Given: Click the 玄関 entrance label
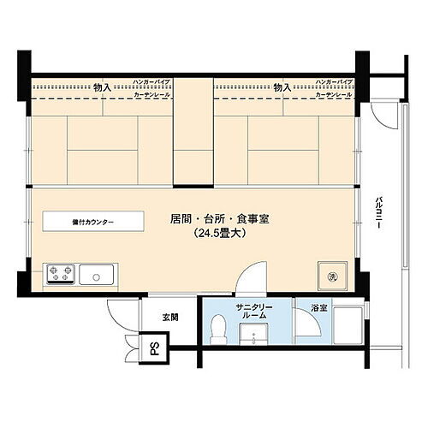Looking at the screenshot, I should click(170, 317).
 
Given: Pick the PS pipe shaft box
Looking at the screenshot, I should click(155, 348).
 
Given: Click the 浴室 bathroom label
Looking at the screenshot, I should click(306, 306).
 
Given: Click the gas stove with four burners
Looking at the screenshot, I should click(61, 275).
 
